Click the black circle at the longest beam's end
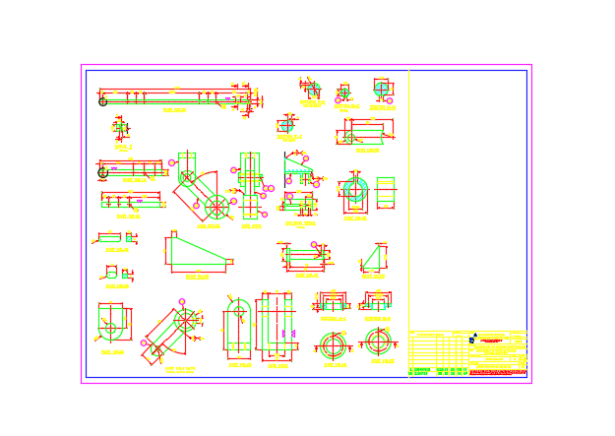102,101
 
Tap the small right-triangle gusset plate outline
374,259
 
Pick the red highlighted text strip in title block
498,372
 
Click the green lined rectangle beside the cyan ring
385,192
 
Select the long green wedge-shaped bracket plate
198,255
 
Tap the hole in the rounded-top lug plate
237,318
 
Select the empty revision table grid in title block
439,349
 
